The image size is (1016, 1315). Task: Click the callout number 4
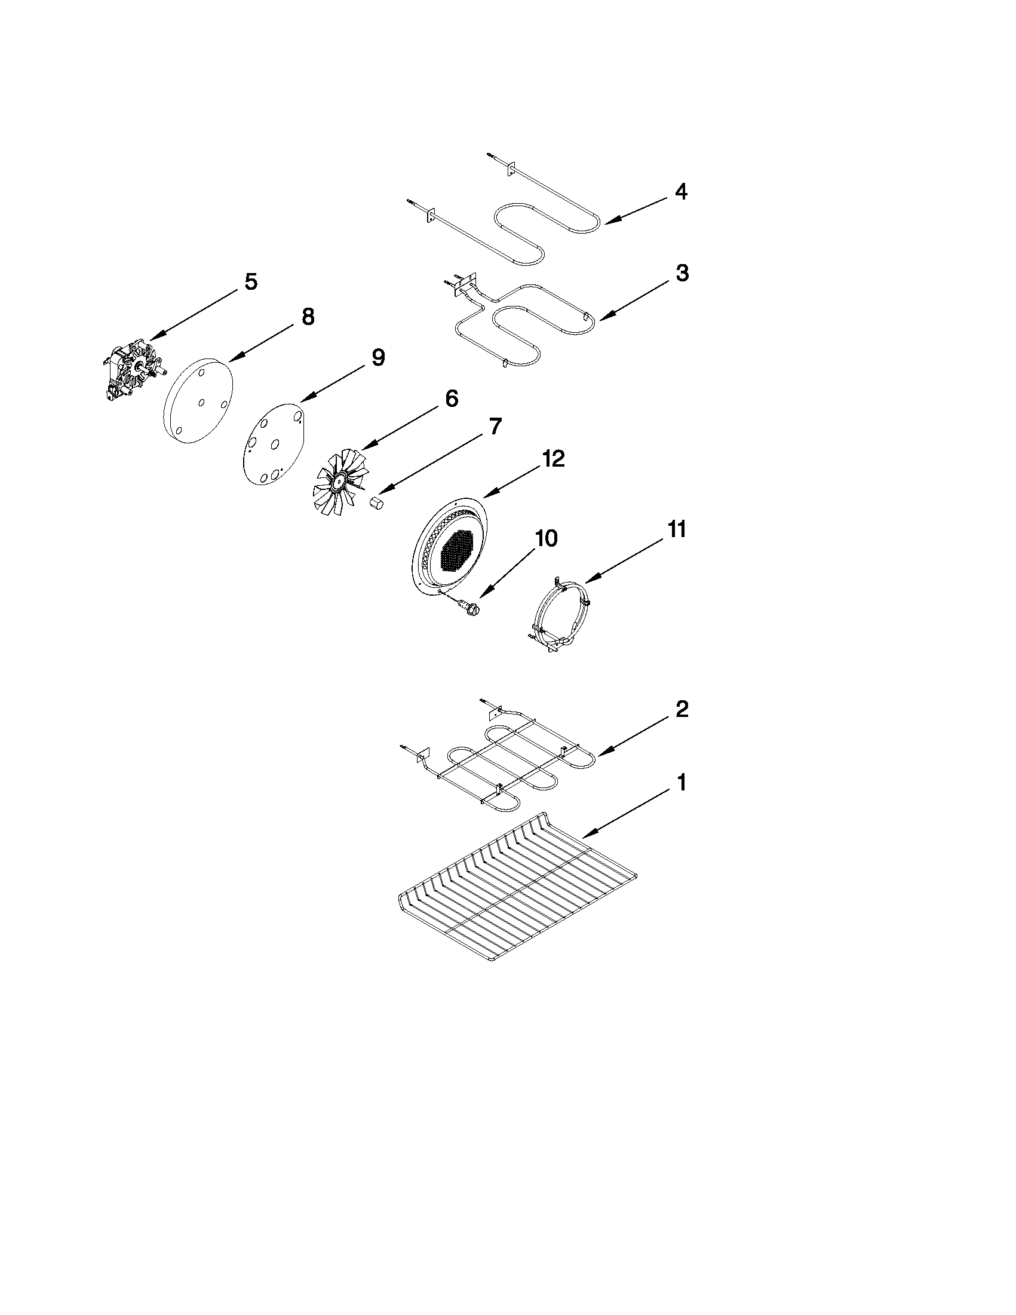680,192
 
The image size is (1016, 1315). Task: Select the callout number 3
682,273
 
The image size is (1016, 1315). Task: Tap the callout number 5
250,281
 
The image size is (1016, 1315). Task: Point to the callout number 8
308,317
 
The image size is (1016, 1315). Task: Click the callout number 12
554,459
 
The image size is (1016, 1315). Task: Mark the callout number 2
682,709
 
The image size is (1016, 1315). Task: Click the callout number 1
682,783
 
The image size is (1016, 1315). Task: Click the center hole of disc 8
201,403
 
